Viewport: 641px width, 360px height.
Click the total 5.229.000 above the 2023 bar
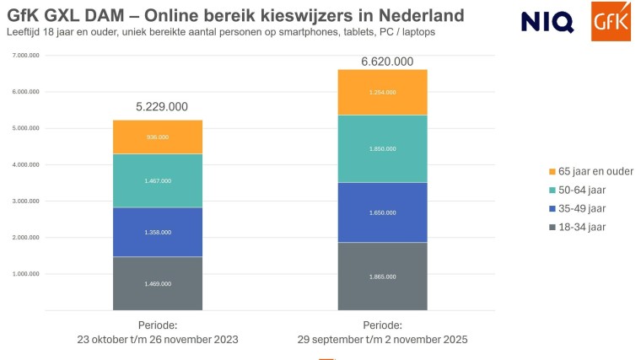pos(162,106)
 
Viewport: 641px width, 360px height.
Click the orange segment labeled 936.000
pos(158,137)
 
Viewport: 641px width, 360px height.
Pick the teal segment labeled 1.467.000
pos(158,180)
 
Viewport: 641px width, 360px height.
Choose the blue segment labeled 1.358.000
pos(158,232)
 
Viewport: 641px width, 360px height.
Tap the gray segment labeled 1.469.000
pos(158,283)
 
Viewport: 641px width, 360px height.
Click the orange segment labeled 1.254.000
pos(382,92)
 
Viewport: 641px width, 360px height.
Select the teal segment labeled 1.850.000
pos(382,148)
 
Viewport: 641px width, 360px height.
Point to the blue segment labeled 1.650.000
pos(382,212)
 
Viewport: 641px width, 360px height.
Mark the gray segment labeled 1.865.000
pos(382,276)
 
